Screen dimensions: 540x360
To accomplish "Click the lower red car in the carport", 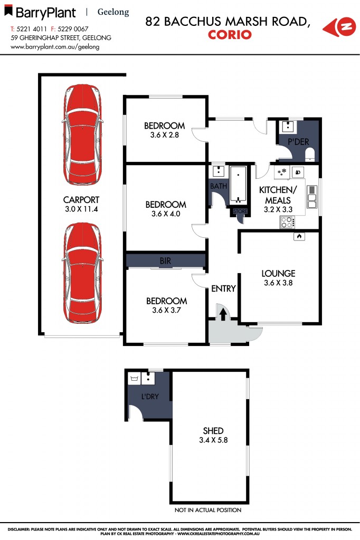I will [81, 273].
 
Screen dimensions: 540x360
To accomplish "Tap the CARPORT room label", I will [81, 200].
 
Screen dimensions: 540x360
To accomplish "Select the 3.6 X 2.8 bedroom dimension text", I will [165, 135].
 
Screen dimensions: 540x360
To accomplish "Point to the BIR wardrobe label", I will [165, 261].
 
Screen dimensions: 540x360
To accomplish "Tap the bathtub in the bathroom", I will [239, 184].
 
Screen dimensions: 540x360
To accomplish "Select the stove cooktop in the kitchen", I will [287, 223].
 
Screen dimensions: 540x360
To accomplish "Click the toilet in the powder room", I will [310, 154].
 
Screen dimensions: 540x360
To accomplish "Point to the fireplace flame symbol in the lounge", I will [298, 237].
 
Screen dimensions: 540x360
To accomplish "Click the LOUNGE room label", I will [278, 274].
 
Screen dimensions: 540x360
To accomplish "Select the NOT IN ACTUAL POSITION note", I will [208, 510].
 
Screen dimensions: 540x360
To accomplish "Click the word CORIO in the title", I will [230, 35].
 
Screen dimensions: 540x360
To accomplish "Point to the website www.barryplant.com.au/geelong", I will [55, 46].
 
